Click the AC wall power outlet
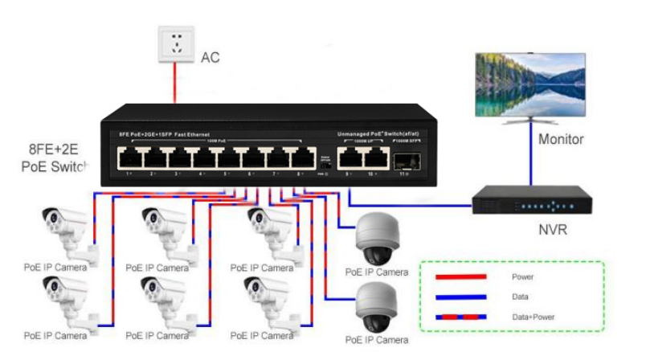tap(177, 43)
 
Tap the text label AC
tap(210, 58)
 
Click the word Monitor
tap(561, 140)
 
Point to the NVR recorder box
tap(530, 201)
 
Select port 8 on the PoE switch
tap(303, 157)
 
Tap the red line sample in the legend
tap(460, 276)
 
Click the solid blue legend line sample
tap(460, 297)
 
